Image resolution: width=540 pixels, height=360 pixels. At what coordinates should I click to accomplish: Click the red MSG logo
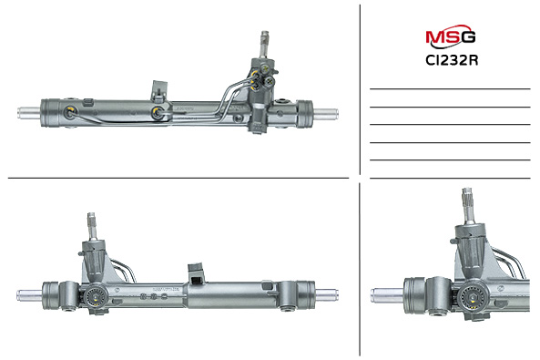pyautogui.click(x=450, y=37)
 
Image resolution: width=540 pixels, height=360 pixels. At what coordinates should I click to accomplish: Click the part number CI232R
pyautogui.click(x=450, y=62)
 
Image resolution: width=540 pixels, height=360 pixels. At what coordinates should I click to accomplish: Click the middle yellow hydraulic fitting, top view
pyautogui.click(x=158, y=114)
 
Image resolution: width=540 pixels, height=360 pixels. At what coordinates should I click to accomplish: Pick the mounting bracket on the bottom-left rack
pyautogui.click(x=195, y=273)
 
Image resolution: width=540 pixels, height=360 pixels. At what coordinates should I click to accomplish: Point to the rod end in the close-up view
pyautogui.click(x=387, y=295)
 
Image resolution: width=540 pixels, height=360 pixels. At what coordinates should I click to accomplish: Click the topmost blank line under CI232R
pyautogui.click(x=450, y=89)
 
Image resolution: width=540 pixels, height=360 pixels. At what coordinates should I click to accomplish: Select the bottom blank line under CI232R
pyautogui.click(x=450, y=178)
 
